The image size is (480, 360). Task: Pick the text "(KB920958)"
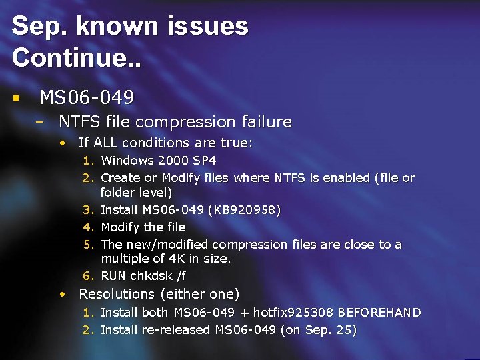[245, 210]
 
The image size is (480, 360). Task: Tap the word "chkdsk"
[150, 276]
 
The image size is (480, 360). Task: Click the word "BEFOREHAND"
[380, 312]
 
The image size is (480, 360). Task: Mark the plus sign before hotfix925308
[247, 313]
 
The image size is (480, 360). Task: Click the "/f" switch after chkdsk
[180, 276]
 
